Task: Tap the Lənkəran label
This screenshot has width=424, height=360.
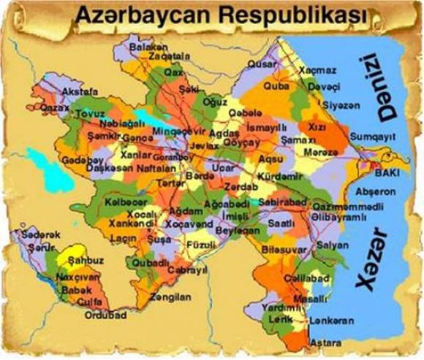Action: pos(331,321)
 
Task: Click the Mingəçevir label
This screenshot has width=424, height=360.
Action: pos(180,132)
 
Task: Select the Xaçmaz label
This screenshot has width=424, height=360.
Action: pos(317,70)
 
